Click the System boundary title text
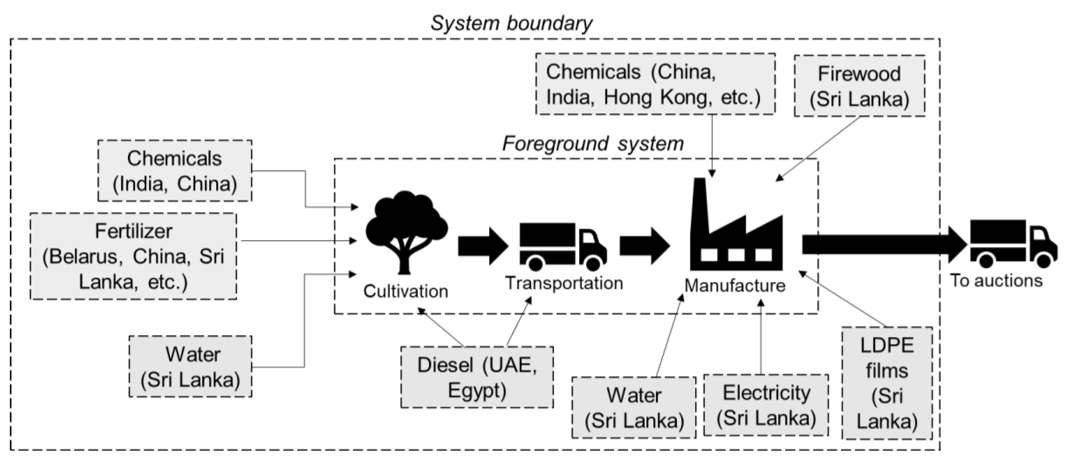511,24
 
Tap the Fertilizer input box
133,256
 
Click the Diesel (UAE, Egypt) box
477,377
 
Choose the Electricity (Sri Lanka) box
766,405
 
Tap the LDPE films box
887,383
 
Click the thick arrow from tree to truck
482,246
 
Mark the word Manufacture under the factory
735,286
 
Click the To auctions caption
996,281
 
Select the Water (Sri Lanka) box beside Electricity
634,407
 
